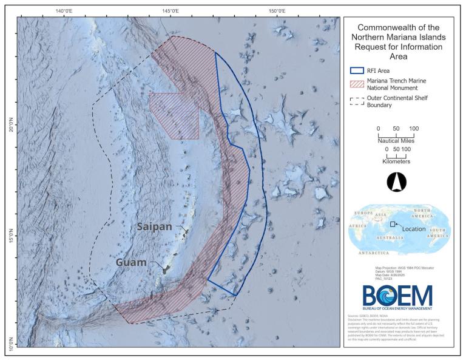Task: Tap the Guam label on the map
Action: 132,263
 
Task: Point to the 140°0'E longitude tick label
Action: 65,11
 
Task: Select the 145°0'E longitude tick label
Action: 171,11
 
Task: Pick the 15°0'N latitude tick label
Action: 10,236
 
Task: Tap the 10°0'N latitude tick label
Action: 10,342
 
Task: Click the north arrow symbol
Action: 395,181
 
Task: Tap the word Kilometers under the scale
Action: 396,161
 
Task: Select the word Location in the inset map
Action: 414,229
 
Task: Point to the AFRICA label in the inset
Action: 357,225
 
